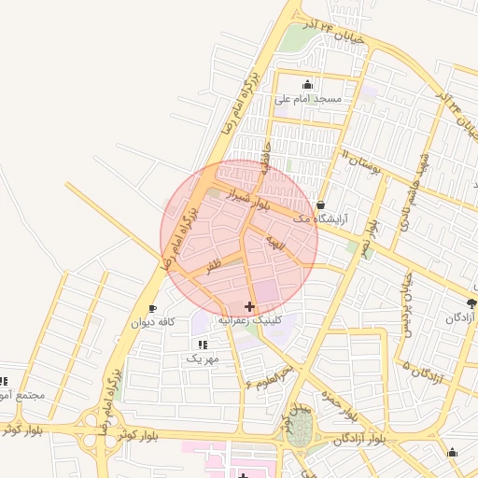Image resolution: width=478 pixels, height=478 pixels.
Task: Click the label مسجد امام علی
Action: point(308,98)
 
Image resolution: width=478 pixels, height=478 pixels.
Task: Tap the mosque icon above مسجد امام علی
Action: point(308,85)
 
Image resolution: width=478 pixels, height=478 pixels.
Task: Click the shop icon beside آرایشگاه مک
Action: point(321,204)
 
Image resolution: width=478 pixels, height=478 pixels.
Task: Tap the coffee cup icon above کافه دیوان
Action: point(152,308)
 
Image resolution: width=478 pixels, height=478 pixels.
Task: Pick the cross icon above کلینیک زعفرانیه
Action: point(248,306)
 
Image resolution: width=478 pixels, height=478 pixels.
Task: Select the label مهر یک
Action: point(202,358)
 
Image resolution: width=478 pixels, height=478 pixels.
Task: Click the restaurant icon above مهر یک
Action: point(203,344)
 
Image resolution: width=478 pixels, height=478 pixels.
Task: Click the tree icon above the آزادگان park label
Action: point(471,303)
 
